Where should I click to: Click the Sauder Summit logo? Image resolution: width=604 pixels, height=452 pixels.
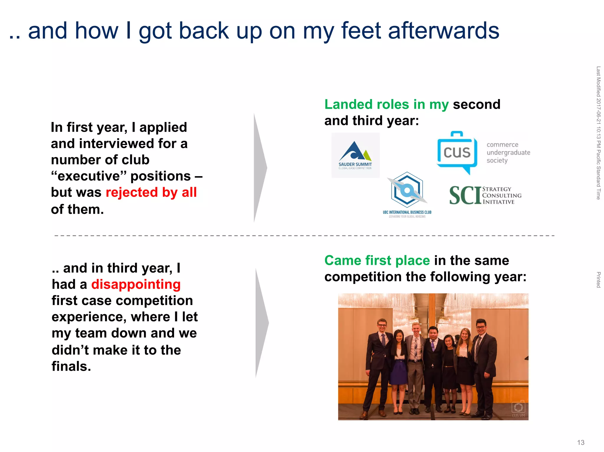click(355, 155)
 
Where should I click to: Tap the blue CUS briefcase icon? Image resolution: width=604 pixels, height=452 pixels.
click(457, 152)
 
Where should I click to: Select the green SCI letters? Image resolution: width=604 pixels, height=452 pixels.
click(465, 195)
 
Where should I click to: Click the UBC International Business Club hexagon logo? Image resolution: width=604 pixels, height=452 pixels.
click(407, 190)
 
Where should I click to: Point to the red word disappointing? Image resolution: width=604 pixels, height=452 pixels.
click(136, 284)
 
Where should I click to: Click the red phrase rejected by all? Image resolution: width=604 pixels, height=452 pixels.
click(151, 192)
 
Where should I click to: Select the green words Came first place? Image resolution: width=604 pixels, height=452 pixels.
click(377, 260)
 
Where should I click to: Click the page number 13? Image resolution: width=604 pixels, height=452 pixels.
click(580, 442)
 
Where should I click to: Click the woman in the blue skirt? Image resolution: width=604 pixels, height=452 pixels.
click(399, 365)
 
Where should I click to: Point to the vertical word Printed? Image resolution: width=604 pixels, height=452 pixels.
click(598, 280)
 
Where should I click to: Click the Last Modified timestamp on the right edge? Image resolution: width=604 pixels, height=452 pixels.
click(598, 133)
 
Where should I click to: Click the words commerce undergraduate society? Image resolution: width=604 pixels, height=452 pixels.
click(508, 152)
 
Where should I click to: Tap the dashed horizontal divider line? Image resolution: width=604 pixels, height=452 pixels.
click(304, 236)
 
